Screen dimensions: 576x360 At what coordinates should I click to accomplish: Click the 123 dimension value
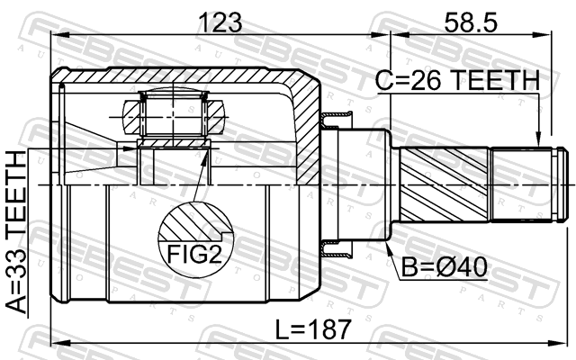(x=220, y=22)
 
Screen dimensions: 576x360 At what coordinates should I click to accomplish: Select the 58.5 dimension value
(x=471, y=22)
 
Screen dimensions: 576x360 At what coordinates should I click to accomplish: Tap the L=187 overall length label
(x=314, y=329)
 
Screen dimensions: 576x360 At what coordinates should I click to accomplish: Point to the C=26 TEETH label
(x=458, y=80)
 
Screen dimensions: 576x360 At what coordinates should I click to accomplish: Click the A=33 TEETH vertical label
(x=17, y=232)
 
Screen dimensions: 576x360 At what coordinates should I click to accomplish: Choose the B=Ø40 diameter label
(x=444, y=267)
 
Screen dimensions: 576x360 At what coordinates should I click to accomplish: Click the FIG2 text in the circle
(x=194, y=254)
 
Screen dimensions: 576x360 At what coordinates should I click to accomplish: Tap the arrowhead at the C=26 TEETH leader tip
(x=538, y=140)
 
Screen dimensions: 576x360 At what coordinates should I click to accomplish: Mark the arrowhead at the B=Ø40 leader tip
(x=388, y=246)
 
